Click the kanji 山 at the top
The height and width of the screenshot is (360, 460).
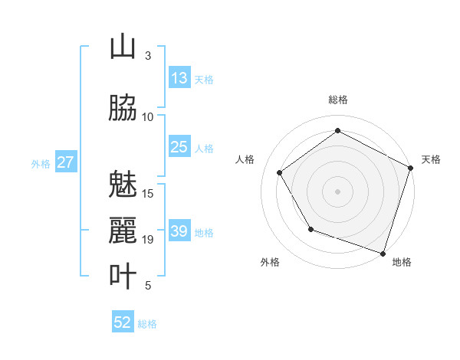pos(123,47)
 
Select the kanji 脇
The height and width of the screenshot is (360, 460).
pos(123,108)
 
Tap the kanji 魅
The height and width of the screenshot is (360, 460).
pos(123,185)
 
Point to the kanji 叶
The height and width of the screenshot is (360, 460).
pos(123,277)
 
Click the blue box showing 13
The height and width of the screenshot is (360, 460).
pos(179,79)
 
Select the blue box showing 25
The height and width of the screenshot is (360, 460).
pos(179,148)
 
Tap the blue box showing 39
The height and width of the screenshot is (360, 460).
pos(179,232)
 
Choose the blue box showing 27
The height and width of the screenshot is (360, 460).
pos(65,163)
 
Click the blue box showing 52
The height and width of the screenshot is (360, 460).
pos(123,323)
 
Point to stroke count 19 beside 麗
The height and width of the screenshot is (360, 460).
pos(148,240)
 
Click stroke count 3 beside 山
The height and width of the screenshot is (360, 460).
pos(148,56)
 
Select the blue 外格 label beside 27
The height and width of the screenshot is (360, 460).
pos(41,164)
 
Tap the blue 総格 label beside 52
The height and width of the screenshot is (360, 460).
pos(147,324)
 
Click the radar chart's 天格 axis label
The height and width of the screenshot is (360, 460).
pos(431,159)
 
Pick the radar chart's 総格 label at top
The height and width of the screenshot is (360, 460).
pos(338,100)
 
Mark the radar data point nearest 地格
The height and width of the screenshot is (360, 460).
pos(383,253)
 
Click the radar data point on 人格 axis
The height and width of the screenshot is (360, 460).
pos(280,172)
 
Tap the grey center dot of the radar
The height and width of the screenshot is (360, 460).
pos(337,191)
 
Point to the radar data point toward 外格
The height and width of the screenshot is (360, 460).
pos(310,229)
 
